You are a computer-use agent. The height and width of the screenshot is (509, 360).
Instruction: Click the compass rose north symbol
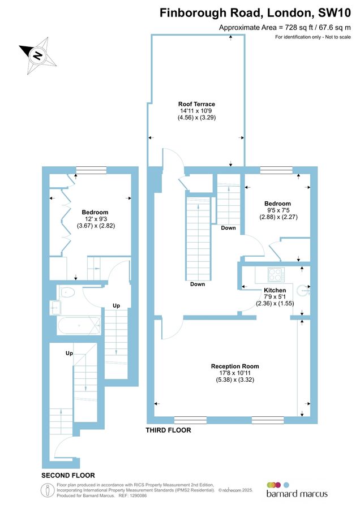pos(37,55)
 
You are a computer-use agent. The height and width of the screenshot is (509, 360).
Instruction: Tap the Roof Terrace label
pos(196,104)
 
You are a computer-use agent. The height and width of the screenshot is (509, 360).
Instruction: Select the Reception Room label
pos(235,366)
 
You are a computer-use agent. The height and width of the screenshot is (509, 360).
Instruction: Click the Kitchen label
pos(275,290)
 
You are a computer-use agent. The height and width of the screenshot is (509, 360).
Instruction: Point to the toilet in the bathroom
pos(67,292)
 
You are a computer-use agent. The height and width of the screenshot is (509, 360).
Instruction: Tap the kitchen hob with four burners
pos(276,274)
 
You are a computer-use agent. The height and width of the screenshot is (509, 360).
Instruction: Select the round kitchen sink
pos(303,290)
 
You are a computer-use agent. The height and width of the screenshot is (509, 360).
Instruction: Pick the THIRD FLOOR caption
pos(168,430)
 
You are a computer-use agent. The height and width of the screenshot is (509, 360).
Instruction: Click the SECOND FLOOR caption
pos(68,476)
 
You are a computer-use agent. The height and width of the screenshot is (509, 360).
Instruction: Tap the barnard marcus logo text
pos(297,494)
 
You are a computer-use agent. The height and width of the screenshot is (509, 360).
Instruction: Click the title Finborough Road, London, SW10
pos(255,12)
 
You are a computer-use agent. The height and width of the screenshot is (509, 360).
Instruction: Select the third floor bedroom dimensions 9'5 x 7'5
pos(278,210)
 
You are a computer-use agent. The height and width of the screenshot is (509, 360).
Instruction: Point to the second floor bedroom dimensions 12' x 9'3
pos(96,219)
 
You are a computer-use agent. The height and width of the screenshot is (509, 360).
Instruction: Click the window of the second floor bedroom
pos(91,170)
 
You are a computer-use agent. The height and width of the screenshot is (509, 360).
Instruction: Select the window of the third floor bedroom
pos(277,170)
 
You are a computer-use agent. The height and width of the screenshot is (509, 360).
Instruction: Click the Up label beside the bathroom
pos(116,305)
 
